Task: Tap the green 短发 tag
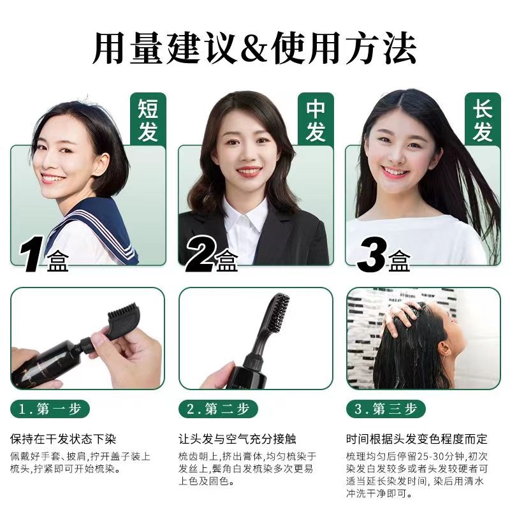pyautogui.click(x=149, y=119)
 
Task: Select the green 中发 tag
pyautogui.click(x=316, y=119)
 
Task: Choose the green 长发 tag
pyautogui.click(x=483, y=119)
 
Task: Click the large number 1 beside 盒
pyautogui.click(x=31, y=254)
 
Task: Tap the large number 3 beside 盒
pyautogui.click(x=372, y=254)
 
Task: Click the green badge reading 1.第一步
pyautogui.click(x=50, y=409)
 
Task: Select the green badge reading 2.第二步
pyautogui.click(x=218, y=409)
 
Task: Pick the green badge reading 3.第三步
pyautogui.click(x=386, y=409)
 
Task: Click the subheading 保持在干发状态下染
pyautogui.click(x=63, y=439)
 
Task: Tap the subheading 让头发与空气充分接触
pyautogui.click(x=237, y=439)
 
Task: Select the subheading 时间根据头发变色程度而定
pyautogui.click(x=417, y=439)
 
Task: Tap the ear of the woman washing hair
pyautogui.click(x=444, y=349)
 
